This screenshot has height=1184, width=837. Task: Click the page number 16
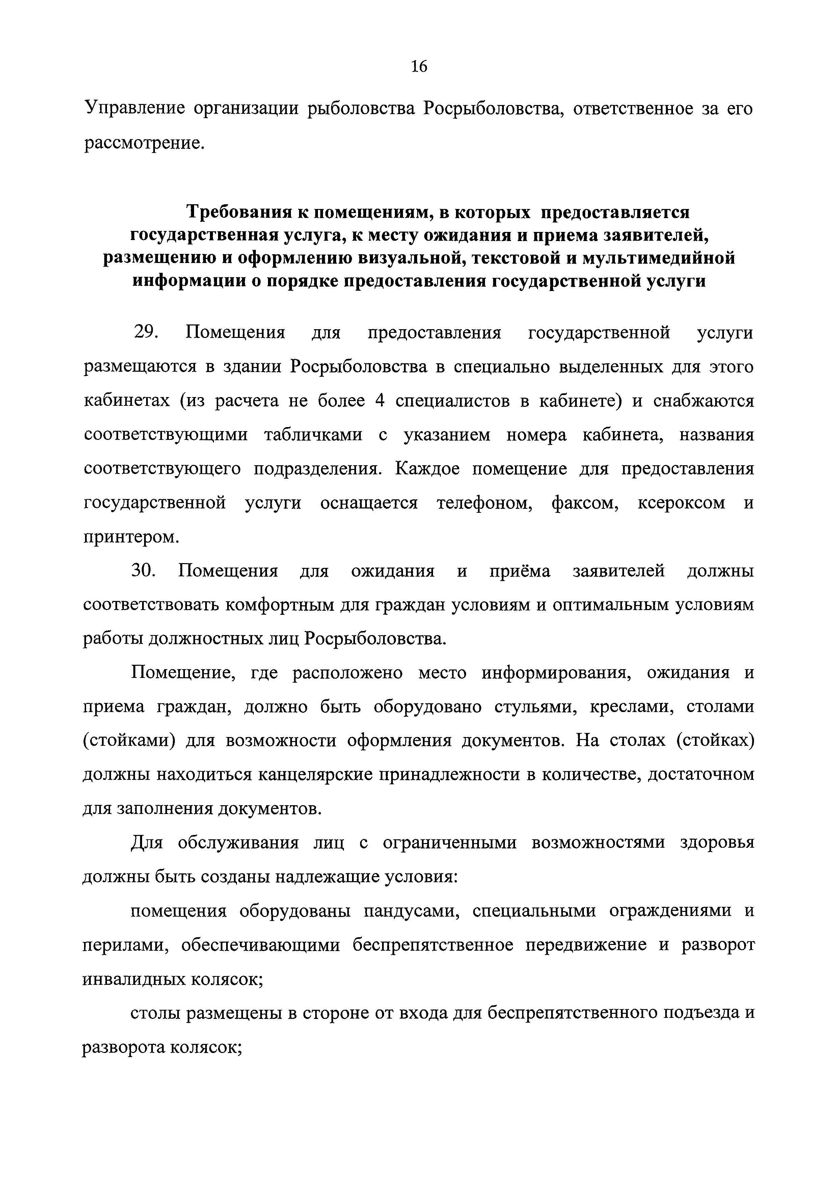pos(419,67)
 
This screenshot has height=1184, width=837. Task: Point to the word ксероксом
pos(681,503)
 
